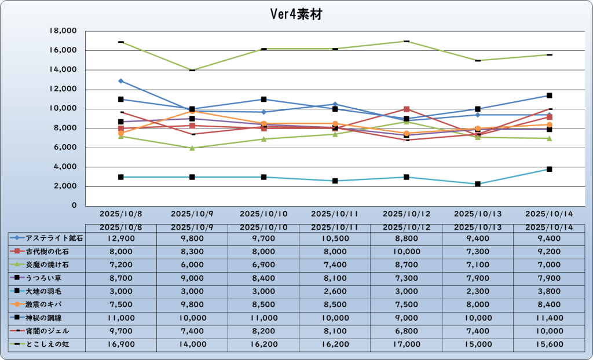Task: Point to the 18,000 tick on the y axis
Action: (64, 31)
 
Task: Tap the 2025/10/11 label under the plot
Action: (335, 214)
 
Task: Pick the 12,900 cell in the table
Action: (121, 238)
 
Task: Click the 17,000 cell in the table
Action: (407, 344)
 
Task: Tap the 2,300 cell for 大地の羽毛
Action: (478, 291)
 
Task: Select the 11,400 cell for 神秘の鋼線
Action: (549, 318)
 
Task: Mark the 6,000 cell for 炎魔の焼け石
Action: (192, 265)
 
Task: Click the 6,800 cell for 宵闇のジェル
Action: (407, 331)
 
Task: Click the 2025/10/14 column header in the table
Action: (549, 227)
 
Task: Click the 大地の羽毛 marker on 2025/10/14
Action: (550, 169)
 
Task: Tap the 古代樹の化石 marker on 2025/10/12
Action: (407, 109)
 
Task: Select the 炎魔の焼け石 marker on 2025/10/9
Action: (192, 148)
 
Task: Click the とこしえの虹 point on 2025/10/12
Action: (407, 41)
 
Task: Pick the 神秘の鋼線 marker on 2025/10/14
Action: (550, 95)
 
